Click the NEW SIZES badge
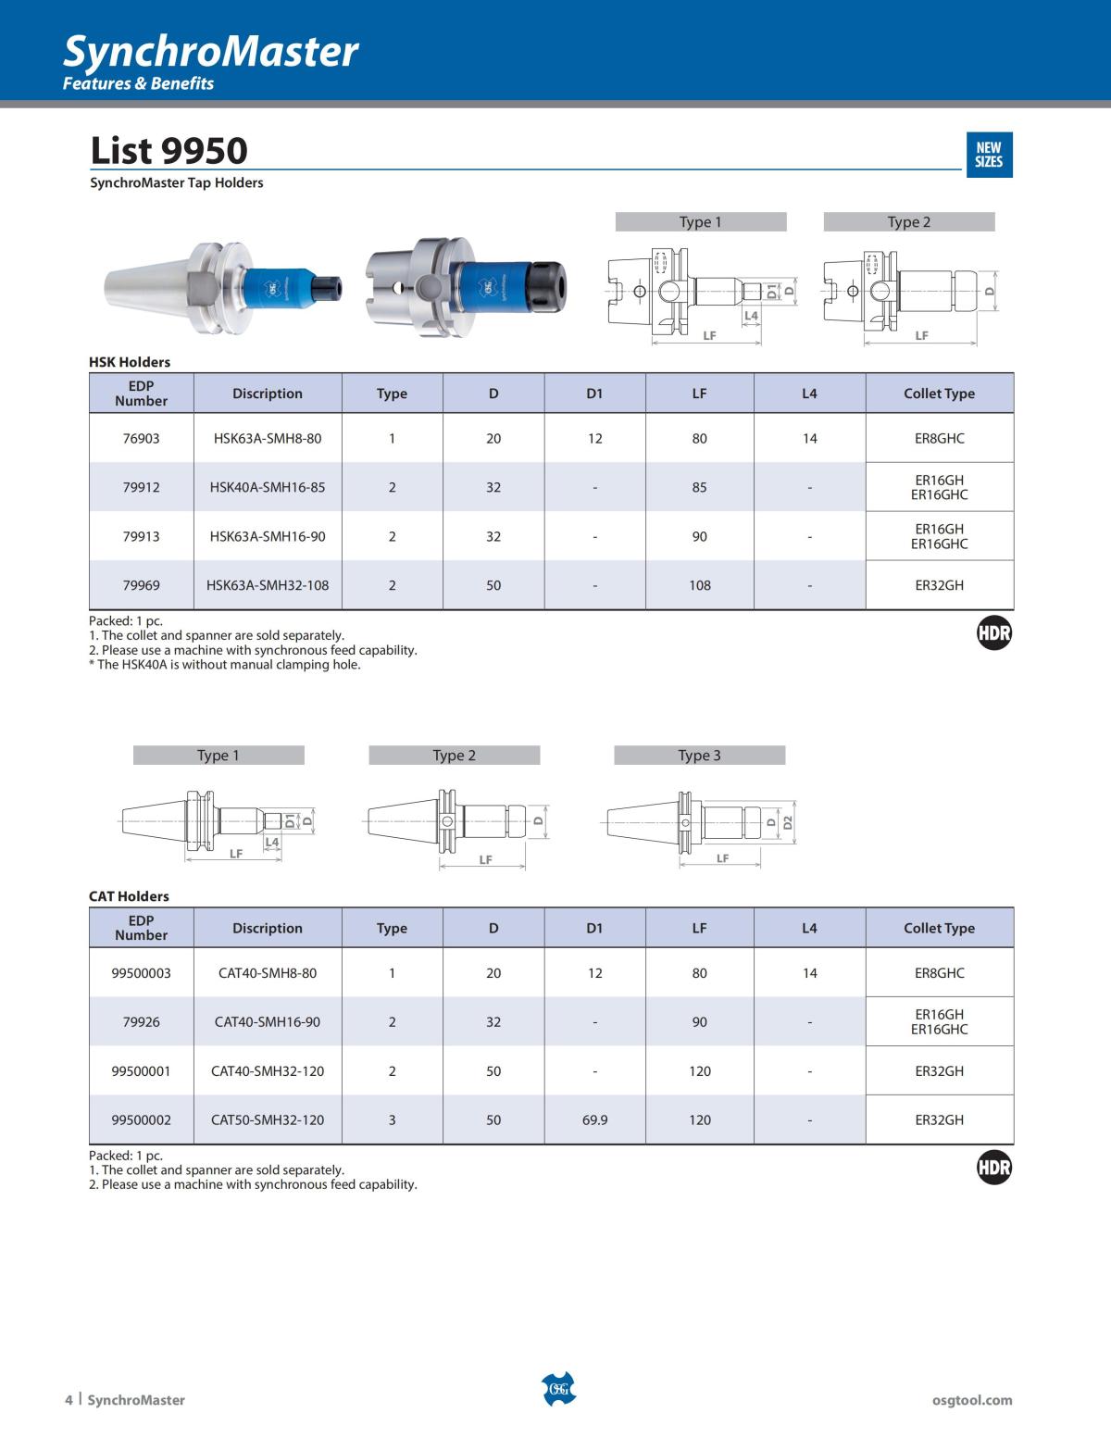[x=988, y=154]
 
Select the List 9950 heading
[x=169, y=150]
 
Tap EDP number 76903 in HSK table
[x=141, y=438]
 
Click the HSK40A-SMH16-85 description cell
[x=268, y=487]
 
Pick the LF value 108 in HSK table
[x=699, y=585]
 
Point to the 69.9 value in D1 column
[x=594, y=1119]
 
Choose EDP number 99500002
[x=141, y=1119]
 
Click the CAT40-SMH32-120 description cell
[x=268, y=1071]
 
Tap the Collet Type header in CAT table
[x=939, y=928]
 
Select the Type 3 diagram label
[x=699, y=756]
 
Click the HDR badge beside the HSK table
[x=994, y=633]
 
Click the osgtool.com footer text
[x=972, y=1400]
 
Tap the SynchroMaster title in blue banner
[x=210, y=52]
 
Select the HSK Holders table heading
[x=130, y=362]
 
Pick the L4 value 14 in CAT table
[x=809, y=973]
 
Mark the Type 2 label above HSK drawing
[x=908, y=222]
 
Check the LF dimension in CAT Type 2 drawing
[x=485, y=860]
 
